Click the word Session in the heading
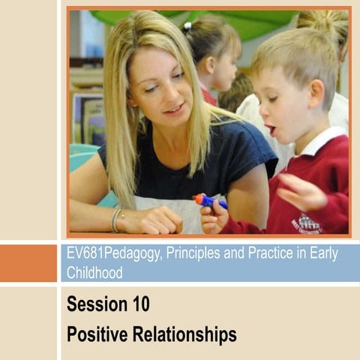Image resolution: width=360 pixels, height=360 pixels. [x=95, y=305]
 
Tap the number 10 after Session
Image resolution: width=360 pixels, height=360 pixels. [x=138, y=305]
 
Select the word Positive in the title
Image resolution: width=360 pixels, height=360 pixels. [x=95, y=334]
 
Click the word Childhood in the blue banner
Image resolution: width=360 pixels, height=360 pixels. [x=94, y=272]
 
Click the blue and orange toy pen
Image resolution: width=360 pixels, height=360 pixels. [x=210, y=200]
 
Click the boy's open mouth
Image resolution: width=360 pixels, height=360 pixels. [x=272, y=130]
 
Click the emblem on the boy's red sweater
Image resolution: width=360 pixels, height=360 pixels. [x=306, y=223]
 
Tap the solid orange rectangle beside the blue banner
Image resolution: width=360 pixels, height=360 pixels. [x=28, y=262]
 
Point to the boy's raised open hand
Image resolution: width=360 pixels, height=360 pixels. [x=298, y=191]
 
